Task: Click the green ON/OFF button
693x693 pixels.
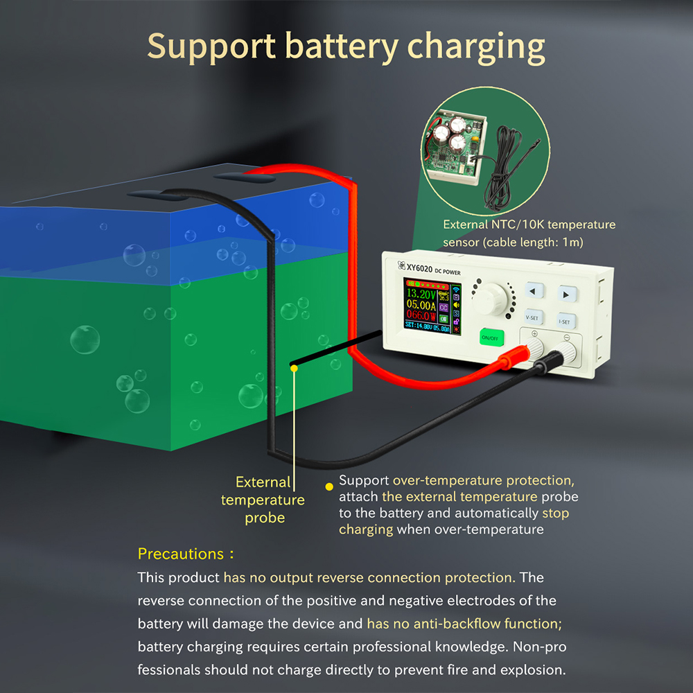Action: pos(491,337)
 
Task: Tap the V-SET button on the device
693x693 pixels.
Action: pos(532,317)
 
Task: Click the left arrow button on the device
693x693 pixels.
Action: pos(534,292)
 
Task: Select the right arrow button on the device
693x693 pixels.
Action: pos(566,295)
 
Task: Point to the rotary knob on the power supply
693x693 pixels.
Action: pos(489,299)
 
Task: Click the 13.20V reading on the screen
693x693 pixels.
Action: pos(421,293)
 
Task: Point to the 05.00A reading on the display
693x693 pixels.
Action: pos(421,304)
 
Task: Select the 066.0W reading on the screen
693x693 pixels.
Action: pos(421,315)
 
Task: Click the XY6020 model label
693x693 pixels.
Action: pos(419,267)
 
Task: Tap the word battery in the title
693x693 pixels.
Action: pos(342,46)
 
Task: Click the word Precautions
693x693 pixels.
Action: pos(180,554)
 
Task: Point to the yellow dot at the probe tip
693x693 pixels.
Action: pos(294,368)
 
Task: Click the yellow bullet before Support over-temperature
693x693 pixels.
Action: pos(328,486)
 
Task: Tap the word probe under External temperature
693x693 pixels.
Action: pos(265,518)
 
